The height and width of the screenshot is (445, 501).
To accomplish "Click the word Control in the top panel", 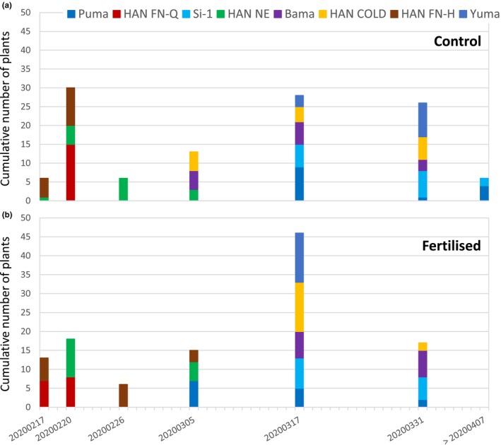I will (454, 41).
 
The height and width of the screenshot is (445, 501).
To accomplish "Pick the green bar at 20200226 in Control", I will (123, 189).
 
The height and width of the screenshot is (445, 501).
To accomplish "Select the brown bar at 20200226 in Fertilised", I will (123, 396).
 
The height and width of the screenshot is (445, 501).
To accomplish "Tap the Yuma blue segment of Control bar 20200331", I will (423, 119).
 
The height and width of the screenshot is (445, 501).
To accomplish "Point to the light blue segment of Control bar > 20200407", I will (484, 182).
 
